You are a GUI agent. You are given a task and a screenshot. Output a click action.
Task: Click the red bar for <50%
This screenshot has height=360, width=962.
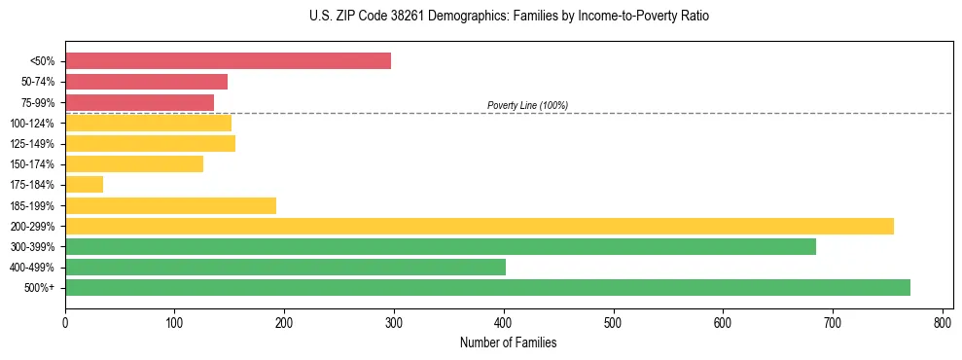[x=228, y=61]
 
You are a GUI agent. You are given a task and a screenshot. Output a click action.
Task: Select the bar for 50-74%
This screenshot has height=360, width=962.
[x=146, y=82]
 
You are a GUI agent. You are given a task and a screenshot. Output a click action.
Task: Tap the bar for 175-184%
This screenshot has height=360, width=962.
[x=84, y=185]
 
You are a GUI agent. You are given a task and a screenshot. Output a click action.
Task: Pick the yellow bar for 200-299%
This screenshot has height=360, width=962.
[x=479, y=226]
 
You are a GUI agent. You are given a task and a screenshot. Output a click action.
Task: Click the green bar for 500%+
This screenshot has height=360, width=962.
[x=487, y=288]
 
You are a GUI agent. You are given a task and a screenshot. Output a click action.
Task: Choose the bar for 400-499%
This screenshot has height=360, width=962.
[x=285, y=267]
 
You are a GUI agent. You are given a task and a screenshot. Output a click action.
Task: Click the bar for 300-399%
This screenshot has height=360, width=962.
[x=440, y=246]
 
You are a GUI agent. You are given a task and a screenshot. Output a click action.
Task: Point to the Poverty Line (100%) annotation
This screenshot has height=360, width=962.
[x=527, y=105]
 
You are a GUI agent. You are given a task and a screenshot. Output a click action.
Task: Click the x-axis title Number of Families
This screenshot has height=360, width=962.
[x=509, y=342]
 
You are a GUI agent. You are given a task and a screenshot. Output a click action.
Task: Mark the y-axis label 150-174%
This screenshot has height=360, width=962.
[x=32, y=164]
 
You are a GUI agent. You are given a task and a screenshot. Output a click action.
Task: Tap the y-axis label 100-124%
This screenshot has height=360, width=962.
[x=32, y=123]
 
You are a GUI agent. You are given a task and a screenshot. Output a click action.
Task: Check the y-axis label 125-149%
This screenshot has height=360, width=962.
[x=32, y=144]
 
